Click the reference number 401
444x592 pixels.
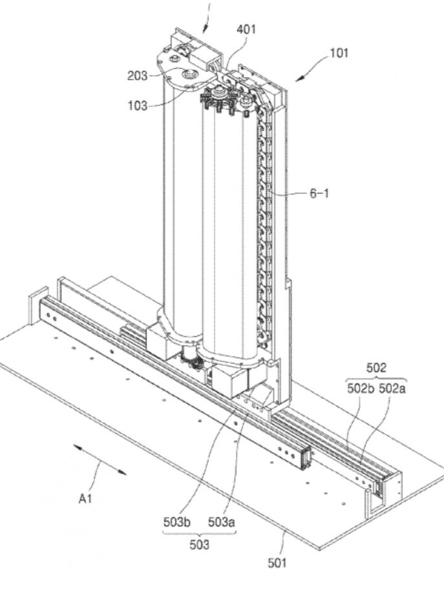pyautogui.click(x=246, y=29)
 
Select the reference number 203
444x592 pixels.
pyautogui.click(x=138, y=76)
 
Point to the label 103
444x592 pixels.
pyautogui.click(x=138, y=106)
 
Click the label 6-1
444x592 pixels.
pyautogui.click(x=319, y=193)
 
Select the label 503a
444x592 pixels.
pyautogui.click(x=220, y=519)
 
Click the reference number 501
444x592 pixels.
pyautogui.click(x=277, y=563)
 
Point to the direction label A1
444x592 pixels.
pyautogui.click(x=85, y=498)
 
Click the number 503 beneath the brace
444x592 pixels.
pyautogui.click(x=199, y=545)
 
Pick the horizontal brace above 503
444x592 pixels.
pyautogui.click(x=198, y=532)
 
